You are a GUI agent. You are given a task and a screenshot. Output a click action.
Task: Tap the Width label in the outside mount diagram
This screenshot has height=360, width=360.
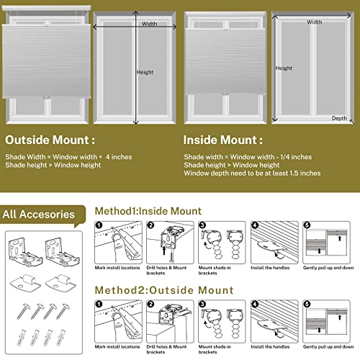[149, 24]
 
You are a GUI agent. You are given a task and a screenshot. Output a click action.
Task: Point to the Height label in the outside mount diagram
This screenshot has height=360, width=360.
[145, 72]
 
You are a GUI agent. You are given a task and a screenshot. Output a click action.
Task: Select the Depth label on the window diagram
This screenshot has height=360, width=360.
[339, 118]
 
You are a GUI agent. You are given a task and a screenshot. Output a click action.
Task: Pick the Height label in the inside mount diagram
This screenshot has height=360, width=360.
[284, 68]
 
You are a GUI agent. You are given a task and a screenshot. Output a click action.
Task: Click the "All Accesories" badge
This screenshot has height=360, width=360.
[39, 214]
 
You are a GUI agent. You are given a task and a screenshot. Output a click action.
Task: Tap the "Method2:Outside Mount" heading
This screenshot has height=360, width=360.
[165, 290]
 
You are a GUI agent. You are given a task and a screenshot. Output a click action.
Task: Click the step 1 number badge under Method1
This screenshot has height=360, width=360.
[100, 226]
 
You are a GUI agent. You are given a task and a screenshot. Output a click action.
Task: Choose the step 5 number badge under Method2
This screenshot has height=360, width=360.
[308, 305]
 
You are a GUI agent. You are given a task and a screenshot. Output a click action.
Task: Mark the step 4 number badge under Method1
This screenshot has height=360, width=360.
[256, 226]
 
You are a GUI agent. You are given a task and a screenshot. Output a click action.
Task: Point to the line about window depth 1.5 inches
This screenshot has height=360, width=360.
[251, 173]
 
